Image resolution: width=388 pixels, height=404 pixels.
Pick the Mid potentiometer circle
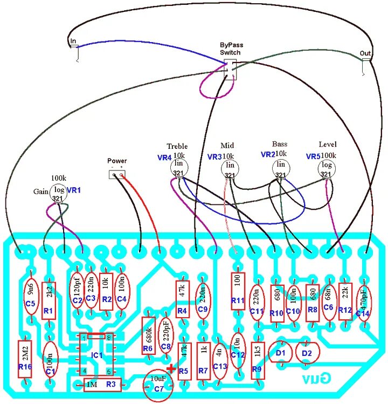[230, 168]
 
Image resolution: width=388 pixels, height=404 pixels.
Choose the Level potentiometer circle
[327, 168]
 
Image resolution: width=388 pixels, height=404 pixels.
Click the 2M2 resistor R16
[25, 358]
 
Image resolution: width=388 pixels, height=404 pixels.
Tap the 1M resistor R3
[103, 385]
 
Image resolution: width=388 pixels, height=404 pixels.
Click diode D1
[280, 353]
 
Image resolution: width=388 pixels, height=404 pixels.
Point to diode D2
[307, 353]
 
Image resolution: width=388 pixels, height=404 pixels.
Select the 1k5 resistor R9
[257, 358]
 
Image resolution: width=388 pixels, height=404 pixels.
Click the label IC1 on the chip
[96, 355]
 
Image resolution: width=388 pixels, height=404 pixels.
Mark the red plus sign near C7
[172, 369]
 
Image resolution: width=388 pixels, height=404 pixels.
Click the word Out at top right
[365, 53]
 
